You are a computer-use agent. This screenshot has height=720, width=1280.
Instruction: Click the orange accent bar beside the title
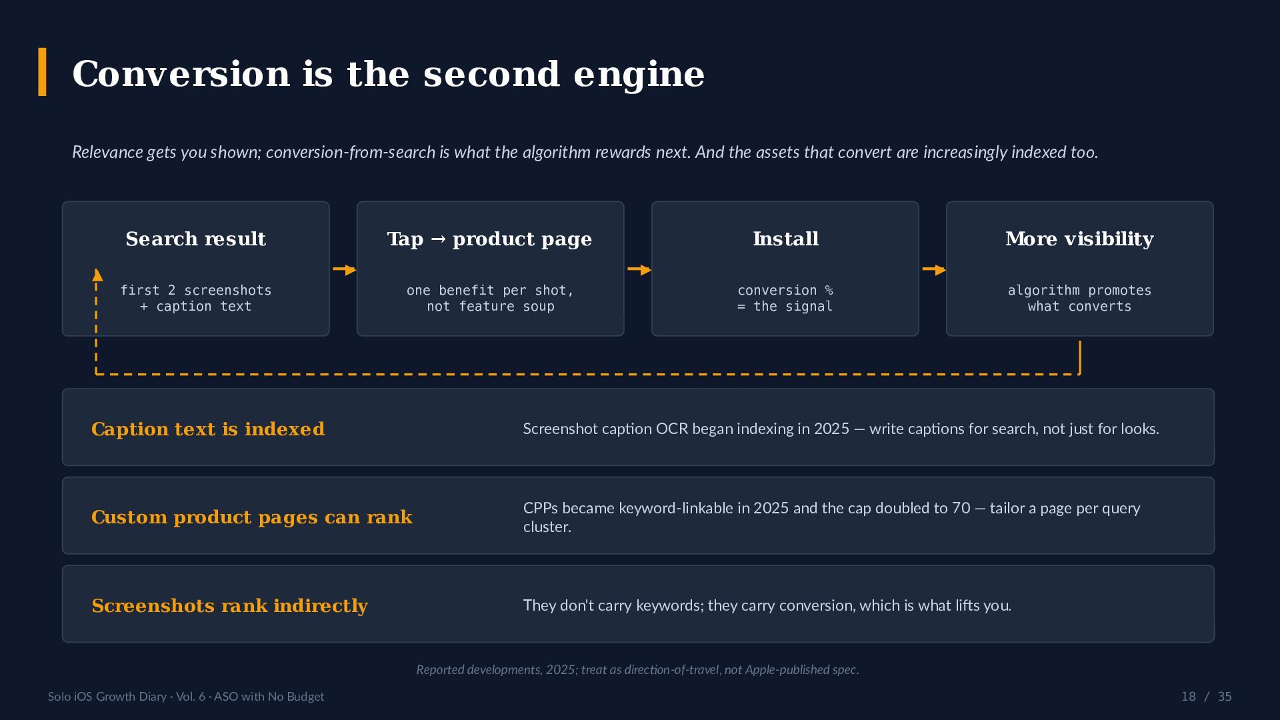(42, 72)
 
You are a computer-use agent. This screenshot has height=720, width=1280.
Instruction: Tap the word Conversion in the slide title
(181, 73)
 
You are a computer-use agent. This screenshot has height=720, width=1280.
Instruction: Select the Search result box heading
(196, 239)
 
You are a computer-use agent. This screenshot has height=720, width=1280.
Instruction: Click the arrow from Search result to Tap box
(344, 269)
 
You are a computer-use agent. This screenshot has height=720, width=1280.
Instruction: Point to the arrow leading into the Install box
(639, 269)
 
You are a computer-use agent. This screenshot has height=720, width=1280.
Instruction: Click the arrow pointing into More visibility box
(933, 269)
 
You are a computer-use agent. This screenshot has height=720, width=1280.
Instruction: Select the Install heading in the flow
(785, 239)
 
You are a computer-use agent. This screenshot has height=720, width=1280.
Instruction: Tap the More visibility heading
(1079, 239)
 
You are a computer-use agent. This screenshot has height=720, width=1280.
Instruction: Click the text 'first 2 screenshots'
(196, 290)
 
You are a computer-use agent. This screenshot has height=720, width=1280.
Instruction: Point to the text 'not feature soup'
(491, 306)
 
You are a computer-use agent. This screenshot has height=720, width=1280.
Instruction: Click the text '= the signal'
(785, 306)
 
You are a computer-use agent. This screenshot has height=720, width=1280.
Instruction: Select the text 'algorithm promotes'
(1079, 290)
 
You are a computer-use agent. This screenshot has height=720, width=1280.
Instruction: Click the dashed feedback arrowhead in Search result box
(97, 275)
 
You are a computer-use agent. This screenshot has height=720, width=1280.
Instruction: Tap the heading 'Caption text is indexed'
(208, 429)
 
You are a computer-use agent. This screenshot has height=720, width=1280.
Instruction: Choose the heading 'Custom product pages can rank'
(252, 517)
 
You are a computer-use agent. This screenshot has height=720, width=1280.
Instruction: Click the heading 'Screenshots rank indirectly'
(230, 605)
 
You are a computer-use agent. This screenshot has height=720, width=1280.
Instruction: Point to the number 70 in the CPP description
(961, 508)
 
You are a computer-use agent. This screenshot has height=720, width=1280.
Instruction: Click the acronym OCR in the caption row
(672, 429)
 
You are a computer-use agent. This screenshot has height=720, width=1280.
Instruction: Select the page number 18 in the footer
(1189, 697)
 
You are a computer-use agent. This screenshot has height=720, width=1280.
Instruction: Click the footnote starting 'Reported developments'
(637, 669)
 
